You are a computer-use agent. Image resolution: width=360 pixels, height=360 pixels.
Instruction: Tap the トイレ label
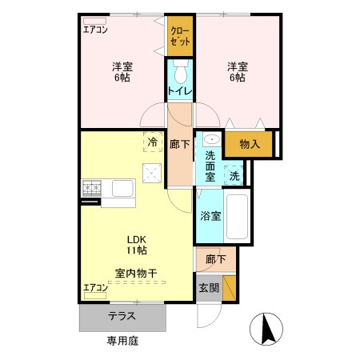(181, 91)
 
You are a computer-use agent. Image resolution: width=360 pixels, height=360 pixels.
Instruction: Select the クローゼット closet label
(181, 35)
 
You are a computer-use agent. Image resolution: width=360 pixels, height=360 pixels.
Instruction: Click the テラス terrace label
(122, 317)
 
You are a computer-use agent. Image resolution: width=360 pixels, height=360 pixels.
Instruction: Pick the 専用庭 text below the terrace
(123, 341)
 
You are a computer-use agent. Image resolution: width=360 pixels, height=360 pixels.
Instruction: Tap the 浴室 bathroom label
(211, 215)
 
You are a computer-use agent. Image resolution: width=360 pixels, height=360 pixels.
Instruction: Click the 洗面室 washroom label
(210, 163)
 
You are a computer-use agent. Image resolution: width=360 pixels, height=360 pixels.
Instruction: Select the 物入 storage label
(250, 144)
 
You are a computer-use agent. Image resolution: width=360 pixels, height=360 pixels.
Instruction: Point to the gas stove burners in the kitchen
(90, 188)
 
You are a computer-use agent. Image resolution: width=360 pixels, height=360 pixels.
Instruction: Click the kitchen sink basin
(122, 189)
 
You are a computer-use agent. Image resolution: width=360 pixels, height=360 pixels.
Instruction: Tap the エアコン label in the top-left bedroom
(96, 30)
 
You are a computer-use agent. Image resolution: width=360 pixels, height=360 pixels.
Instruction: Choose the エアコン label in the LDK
(96, 286)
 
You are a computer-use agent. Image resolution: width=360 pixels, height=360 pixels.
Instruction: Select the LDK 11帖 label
(135, 243)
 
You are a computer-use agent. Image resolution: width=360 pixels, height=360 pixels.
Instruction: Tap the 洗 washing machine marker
(234, 174)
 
